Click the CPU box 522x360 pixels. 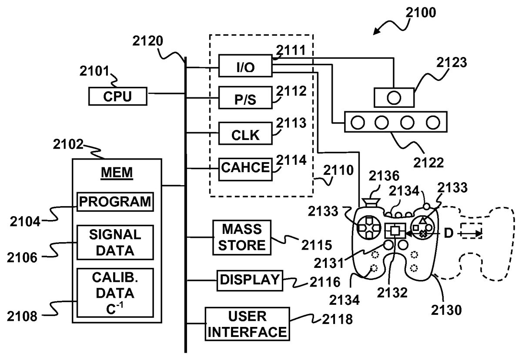(117, 96)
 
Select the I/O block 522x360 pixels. (244, 67)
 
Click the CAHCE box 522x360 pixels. (245, 168)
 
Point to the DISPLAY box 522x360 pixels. (249, 280)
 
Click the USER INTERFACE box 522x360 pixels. (246, 324)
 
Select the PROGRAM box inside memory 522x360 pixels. (115, 202)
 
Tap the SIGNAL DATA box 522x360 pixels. (115, 242)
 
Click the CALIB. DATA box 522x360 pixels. (115, 292)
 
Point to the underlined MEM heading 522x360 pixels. (117, 173)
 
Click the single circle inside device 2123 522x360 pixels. (393, 97)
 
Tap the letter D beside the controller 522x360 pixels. (448, 233)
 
